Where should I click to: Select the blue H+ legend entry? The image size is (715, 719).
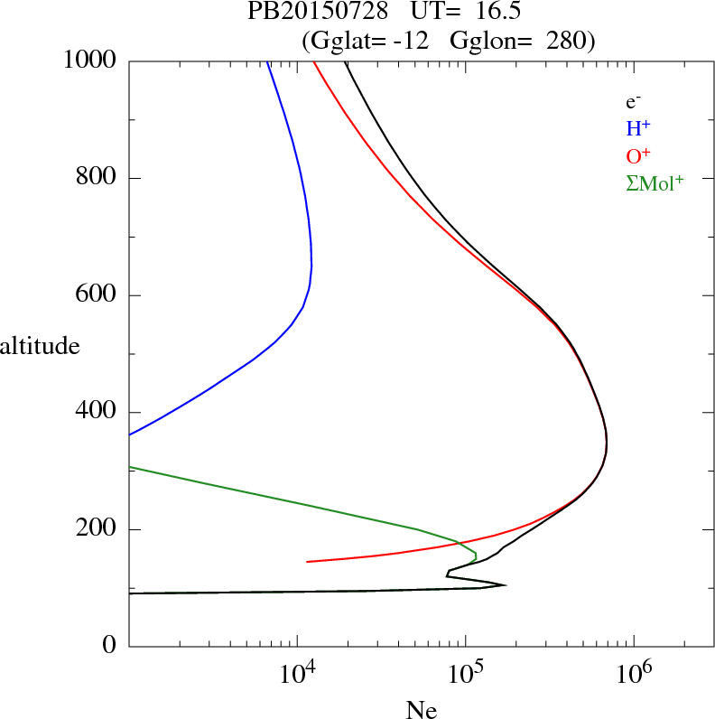click(638, 128)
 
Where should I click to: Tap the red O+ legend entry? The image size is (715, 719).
click(639, 154)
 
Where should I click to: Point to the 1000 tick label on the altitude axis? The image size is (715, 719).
click(91, 61)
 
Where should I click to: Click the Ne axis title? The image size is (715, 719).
click(421, 710)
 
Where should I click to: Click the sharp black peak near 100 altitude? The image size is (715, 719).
click(504, 585)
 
